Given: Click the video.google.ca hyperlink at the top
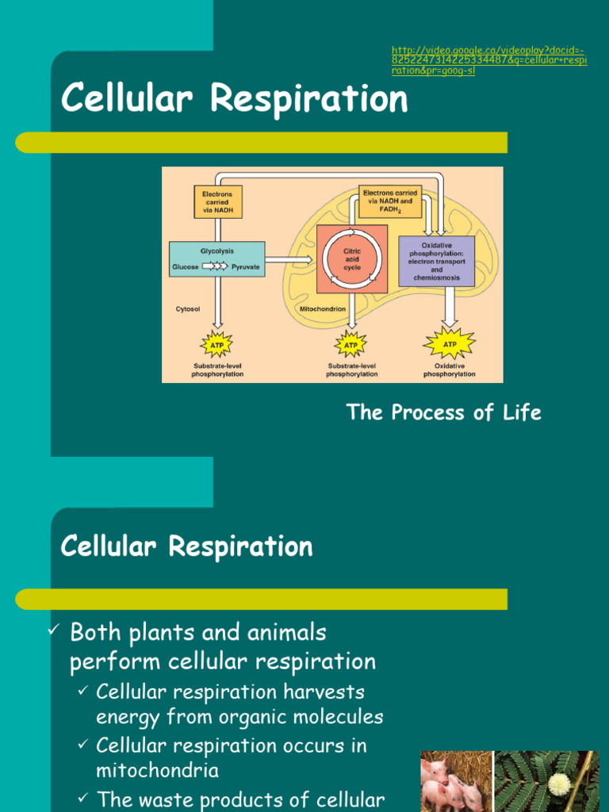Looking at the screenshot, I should tap(488, 60).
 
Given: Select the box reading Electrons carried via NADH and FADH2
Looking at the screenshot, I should tap(390, 201).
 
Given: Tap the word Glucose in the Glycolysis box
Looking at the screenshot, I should tap(186, 267).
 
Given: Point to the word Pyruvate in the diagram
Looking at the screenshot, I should tap(245, 267).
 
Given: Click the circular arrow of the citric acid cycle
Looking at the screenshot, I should tap(352, 259).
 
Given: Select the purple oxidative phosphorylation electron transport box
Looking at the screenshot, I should tap(436, 261).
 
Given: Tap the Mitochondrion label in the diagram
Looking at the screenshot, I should tap(322, 308).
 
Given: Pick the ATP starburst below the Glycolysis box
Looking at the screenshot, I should tap(216, 345).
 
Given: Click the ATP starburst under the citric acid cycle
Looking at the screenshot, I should tap(351, 345).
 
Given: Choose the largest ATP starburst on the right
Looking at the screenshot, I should tap(450, 344).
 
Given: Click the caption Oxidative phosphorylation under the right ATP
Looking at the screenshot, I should tap(450, 370).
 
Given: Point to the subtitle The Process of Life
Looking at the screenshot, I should tap(443, 412).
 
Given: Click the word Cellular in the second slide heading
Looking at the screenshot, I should tap(116, 546).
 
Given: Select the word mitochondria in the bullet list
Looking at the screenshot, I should tap(157, 770).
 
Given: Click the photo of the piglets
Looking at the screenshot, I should tap(454, 782).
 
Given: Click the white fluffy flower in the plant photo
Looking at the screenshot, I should tap(559, 784).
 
